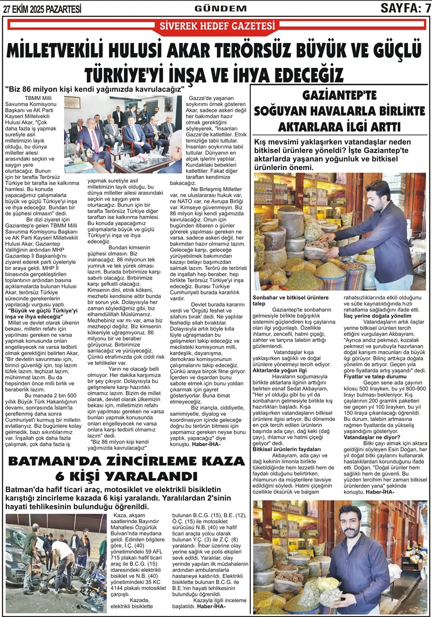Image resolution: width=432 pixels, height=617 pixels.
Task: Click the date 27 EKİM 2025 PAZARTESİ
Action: pos(42,8)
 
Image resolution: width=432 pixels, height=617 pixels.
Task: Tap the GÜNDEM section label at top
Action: pos(220,8)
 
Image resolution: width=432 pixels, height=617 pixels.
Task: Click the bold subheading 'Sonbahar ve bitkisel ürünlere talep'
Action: pos(287,300)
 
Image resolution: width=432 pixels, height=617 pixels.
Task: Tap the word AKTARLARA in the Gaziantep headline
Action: pos(310,127)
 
